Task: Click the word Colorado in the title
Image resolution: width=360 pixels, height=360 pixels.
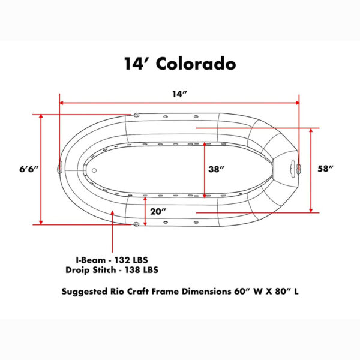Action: point(196,64)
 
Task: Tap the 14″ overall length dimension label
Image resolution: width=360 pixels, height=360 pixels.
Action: point(180,94)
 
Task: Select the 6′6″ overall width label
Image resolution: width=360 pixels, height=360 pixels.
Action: point(29,169)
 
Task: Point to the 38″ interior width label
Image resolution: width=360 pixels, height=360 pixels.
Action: point(216,169)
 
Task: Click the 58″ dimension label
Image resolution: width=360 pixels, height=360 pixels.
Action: point(325,169)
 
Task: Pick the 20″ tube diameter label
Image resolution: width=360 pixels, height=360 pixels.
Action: point(158,211)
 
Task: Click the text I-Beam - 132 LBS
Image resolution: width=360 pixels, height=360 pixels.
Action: point(112,260)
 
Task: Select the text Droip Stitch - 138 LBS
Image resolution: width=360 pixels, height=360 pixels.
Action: point(112,270)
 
